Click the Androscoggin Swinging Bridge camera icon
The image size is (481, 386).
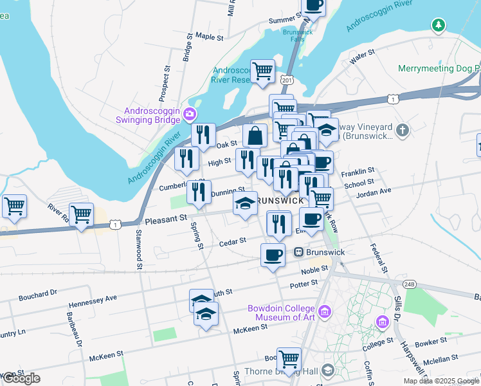190,115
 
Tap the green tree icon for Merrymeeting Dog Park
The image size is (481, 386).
439,25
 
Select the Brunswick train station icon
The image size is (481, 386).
298,252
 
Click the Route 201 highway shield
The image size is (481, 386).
287,79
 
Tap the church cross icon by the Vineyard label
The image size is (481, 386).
403,131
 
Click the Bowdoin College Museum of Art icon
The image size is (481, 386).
325,312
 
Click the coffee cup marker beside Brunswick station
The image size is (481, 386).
273,254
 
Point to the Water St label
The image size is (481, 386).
361,58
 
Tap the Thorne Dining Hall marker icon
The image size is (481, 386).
328,370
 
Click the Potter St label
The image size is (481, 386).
304,282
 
